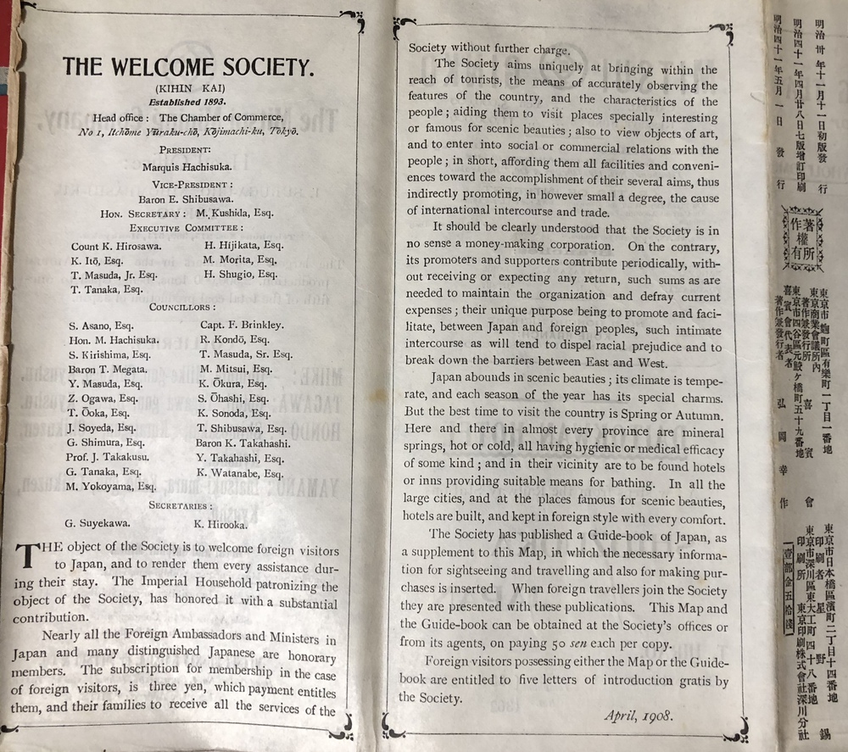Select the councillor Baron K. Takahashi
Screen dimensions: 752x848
[x=243, y=443]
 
